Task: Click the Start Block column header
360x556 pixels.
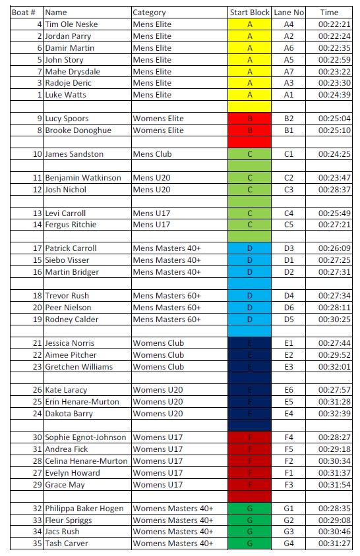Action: point(249,13)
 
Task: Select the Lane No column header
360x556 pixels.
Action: point(289,13)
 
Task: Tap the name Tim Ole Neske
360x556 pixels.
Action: point(71,24)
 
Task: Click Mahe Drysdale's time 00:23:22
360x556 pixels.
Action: point(334,72)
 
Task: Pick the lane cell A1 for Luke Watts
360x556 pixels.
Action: point(289,95)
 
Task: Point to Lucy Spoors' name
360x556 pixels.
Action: point(67,119)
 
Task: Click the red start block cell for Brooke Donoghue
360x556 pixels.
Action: point(249,130)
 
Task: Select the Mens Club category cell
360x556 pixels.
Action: point(152,154)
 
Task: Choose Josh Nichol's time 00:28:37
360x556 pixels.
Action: point(334,190)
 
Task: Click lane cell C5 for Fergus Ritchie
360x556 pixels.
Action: point(289,225)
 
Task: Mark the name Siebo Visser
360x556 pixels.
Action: point(67,260)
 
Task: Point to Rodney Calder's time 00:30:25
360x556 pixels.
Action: point(334,320)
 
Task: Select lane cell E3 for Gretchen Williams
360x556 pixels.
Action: point(289,367)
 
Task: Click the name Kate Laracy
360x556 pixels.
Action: point(66,390)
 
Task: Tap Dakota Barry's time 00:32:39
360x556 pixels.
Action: point(334,414)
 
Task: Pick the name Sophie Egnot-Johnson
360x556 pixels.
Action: point(87,437)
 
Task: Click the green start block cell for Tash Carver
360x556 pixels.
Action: point(249,543)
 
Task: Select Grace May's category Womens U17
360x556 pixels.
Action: point(158,485)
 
